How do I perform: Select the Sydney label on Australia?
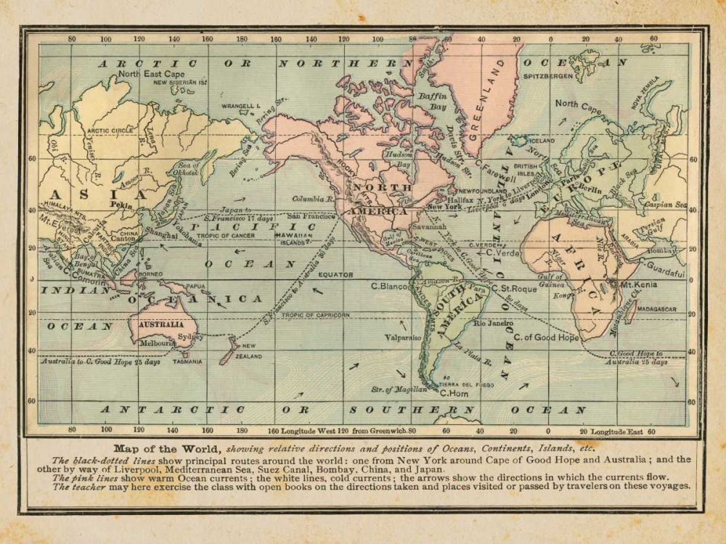point(190,337)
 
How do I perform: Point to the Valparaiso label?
point(402,337)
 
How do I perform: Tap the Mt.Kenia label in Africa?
point(638,285)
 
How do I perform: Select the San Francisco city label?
point(311,216)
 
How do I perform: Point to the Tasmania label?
point(187,360)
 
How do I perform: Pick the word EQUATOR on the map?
point(335,275)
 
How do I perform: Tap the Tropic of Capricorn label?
point(315,315)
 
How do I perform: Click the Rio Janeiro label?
point(493,323)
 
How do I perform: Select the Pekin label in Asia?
point(121,205)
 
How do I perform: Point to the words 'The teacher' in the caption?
point(78,486)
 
